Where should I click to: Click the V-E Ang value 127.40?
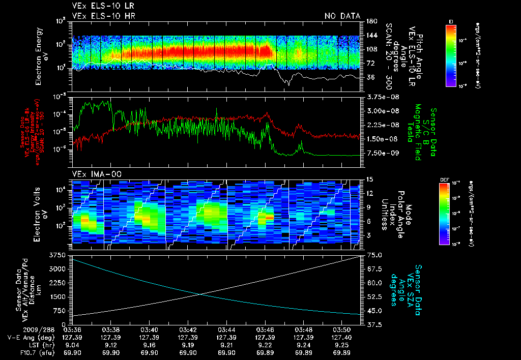(x=343, y=337)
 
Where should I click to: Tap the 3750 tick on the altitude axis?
(x=59, y=254)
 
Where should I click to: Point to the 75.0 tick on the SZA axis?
(x=375, y=254)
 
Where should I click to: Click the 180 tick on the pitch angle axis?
(x=371, y=21)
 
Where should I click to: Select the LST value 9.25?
(x=343, y=344)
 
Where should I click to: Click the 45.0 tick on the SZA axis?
(x=375, y=311)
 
